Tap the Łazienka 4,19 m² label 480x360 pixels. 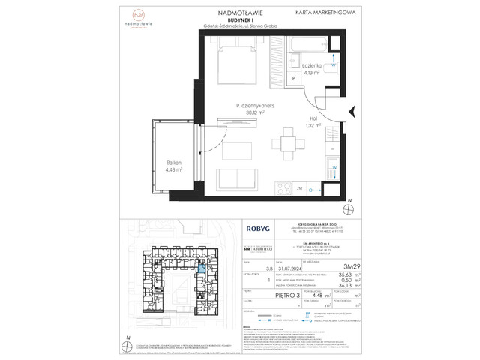click(x=313, y=69)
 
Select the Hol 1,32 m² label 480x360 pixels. click(x=313, y=122)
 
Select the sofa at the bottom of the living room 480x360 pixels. click(x=239, y=181)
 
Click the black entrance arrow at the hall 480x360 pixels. click(x=352, y=112)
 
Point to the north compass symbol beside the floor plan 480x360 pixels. click(x=346, y=205)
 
